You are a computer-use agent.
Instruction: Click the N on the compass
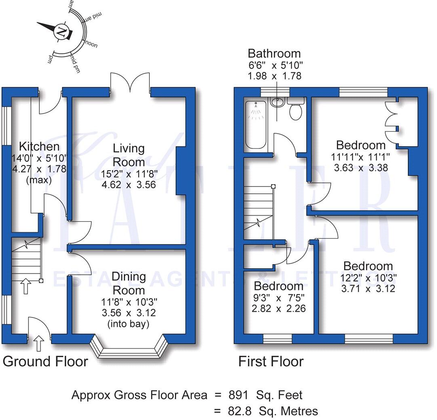pos(61,31)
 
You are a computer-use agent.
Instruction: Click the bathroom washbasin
pos(277,103)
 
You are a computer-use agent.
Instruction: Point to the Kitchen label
pos(39,147)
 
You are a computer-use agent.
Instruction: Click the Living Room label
pos(128,155)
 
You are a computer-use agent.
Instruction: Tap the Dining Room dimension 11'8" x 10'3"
pos(128,302)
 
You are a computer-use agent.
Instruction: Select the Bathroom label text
pos(274,53)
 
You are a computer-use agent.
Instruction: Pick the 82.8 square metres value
pos(240,411)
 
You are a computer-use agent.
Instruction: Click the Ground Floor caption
pos(45,361)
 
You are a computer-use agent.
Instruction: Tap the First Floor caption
pos(271,361)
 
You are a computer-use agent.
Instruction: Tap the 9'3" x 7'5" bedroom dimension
pos(278,298)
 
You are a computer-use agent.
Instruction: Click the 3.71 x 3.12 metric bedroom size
pos(368,288)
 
